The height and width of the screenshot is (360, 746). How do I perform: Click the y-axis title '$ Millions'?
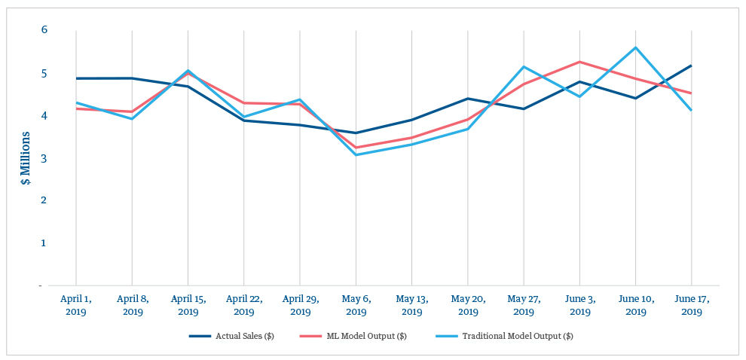(26, 158)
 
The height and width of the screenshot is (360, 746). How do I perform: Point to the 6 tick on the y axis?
(44, 30)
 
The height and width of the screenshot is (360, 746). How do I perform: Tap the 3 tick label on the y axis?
(44, 158)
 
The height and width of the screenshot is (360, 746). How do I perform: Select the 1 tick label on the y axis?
(44, 243)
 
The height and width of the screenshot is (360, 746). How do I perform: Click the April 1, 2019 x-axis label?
(75, 305)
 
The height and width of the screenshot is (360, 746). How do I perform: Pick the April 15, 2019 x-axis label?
(188, 305)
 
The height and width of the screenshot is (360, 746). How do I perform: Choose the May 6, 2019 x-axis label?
(356, 305)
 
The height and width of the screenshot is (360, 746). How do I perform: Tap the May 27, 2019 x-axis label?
(524, 305)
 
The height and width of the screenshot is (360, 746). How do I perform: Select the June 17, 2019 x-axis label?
(692, 305)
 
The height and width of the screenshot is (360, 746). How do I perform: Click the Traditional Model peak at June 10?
(636, 47)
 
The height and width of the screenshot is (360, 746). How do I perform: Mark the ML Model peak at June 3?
(579, 62)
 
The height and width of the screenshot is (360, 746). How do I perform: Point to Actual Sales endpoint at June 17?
(692, 66)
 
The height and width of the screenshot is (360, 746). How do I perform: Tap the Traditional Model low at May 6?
(356, 154)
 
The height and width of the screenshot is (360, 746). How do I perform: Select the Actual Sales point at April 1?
(75, 78)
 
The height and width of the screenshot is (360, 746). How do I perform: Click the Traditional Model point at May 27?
(524, 67)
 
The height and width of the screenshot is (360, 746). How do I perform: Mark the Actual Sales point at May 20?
(468, 99)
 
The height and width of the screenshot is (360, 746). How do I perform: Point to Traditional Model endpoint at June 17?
(692, 110)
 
